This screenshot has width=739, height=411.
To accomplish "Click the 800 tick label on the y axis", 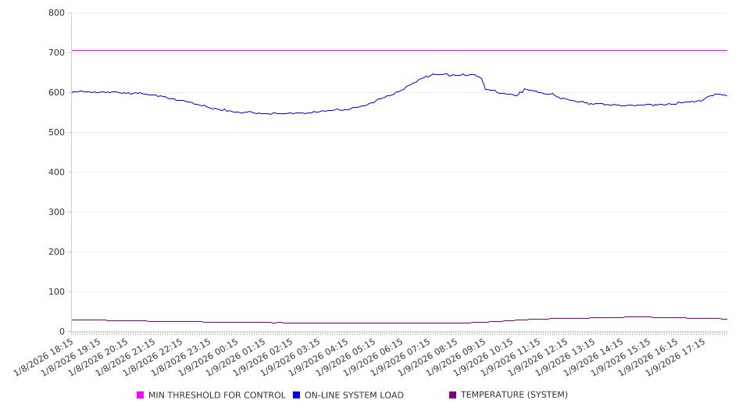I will (56, 13).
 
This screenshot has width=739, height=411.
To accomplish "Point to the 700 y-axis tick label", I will (56, 53).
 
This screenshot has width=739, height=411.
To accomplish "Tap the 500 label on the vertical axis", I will (56, 133).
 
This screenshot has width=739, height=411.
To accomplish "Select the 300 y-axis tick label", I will (56, 213).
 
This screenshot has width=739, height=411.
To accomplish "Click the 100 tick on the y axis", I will (56, 292).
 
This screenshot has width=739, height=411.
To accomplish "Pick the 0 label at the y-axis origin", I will (62, 332).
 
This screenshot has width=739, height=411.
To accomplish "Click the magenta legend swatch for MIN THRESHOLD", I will (141, 395).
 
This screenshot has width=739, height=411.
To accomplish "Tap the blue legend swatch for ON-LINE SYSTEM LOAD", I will (297, 395).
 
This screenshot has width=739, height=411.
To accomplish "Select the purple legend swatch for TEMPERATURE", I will (453, 395).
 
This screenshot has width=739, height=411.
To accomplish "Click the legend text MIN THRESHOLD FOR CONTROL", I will (217, 395).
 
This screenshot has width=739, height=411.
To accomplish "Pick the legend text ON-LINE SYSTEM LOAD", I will (354, 395).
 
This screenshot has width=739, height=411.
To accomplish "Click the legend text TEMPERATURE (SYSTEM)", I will (514, 395).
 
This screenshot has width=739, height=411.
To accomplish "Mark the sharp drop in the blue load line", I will (483, 83).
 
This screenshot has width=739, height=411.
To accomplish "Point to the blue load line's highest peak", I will (446, 74).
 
